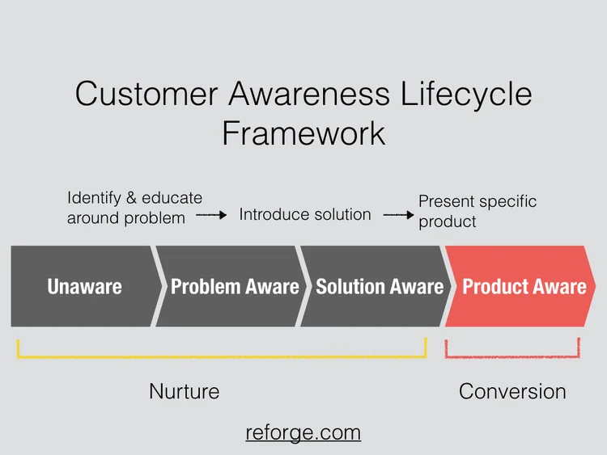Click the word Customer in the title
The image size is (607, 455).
coord(145,95)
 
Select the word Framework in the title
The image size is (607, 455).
coord(303,133)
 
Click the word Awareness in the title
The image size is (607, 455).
coord(308,95)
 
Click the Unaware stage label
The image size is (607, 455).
coord(84,286)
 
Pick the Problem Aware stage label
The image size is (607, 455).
coord(235,286)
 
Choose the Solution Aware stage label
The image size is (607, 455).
coord(380,286)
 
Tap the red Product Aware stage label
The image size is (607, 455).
coord(524,286)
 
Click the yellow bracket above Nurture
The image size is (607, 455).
coord(221,355)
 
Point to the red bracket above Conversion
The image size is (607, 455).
coord(512,355)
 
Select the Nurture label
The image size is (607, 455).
coord(184,392)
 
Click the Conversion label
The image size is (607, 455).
coord(512,392)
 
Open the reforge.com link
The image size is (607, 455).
coord(303,432)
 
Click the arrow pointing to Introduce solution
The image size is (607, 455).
coord(211,216)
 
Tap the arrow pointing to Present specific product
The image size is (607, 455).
coord(398,216)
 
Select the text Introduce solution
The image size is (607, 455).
coord(305,215)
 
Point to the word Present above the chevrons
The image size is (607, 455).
coord(445,202)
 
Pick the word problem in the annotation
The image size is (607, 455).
coord(156,218)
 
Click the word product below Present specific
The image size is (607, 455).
coord(448,221)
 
